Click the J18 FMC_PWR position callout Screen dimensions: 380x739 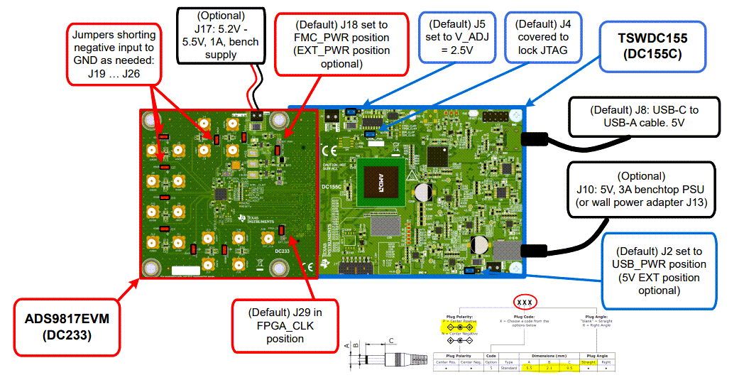coord(341,43)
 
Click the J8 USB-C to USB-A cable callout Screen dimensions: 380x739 coord(645,117)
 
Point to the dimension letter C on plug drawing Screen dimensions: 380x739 coord(393,341)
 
